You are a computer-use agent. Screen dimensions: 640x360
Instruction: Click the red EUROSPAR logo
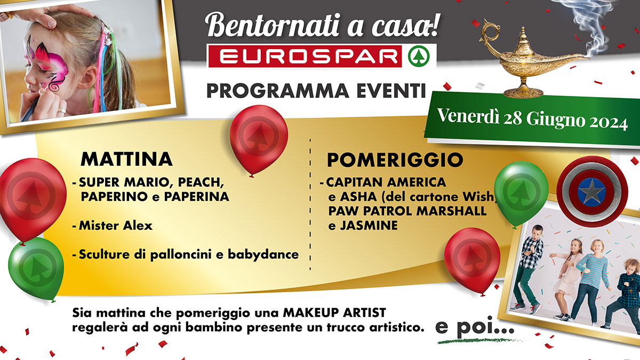point(305,57)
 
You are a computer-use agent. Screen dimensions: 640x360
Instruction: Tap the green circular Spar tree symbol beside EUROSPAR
point(419,57)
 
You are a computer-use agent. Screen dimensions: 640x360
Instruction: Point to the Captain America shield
point(592,191)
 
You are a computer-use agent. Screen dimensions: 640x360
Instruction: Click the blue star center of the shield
point(591,193)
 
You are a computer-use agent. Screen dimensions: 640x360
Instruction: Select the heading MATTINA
point(126,159)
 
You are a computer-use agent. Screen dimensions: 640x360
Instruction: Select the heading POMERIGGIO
point(395,160)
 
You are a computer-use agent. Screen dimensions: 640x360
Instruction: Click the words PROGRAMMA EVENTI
point(316,91)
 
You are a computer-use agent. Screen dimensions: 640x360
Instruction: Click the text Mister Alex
point(116,226)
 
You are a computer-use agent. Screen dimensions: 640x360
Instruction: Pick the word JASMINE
point(369,226)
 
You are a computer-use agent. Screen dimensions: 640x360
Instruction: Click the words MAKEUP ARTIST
point(334,313)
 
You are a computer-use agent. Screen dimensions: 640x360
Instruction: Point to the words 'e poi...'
point(475,327)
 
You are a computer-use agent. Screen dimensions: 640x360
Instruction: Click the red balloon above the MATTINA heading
point(259,140)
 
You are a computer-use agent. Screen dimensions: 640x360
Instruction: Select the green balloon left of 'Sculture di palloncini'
point(36,269)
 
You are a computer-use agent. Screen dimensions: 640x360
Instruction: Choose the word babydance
point(263,254)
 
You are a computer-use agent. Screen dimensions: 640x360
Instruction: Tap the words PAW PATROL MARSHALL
point(407,211)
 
